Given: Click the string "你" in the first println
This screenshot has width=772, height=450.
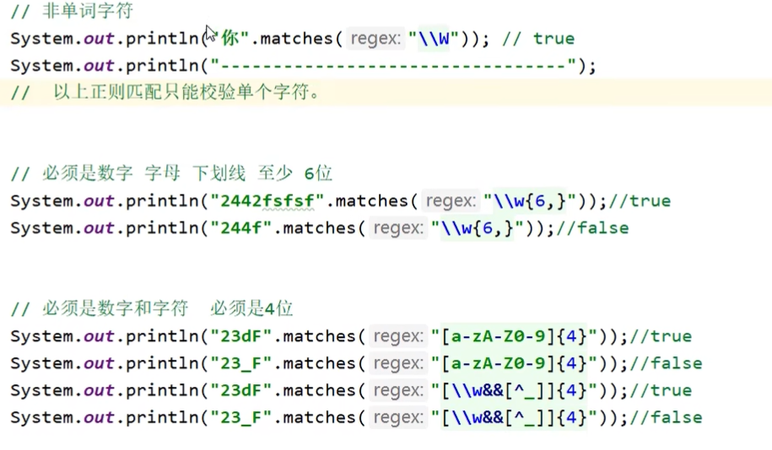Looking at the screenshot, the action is [229, 38].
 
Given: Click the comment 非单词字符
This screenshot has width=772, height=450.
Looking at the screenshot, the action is [87, 11].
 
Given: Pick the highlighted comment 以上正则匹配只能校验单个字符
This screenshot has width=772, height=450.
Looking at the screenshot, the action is [186, 93].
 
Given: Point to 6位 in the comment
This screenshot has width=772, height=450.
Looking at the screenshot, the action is [318, 174].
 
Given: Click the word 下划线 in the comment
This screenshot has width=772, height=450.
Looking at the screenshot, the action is [219, 174].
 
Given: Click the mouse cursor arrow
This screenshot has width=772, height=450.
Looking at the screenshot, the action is [210, 33].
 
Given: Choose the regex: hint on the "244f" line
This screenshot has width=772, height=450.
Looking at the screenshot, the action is [399, 228].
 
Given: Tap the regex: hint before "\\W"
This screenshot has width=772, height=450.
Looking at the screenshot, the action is [375, 38].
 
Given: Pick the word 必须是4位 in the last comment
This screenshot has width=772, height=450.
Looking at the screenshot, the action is [252, 308].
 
